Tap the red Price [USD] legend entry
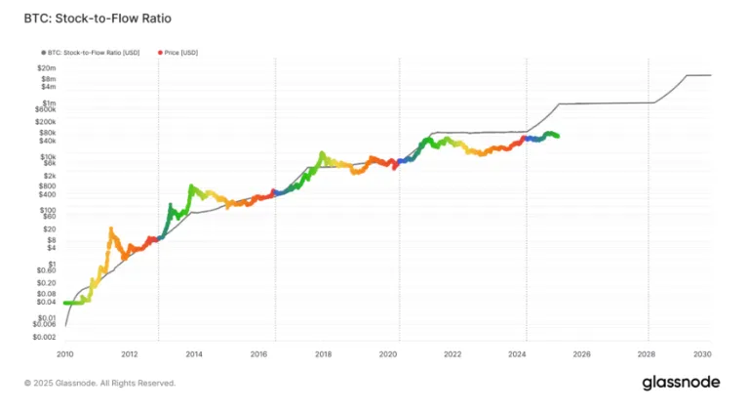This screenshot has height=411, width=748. (181, 51)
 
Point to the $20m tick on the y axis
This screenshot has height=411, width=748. (47, 67)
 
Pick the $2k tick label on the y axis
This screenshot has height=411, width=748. (49, 175)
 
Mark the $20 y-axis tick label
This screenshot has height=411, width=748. (50, 228)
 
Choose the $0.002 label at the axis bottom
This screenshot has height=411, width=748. (44, 336)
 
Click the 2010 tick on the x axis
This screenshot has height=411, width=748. (65, 355)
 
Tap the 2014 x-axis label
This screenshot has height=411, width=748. (194, 355)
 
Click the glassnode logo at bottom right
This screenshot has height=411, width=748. (681, 383)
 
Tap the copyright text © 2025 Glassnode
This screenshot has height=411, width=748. (99, 384)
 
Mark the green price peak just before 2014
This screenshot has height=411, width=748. (190, 185)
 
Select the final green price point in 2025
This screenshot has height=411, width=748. (557, 136)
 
